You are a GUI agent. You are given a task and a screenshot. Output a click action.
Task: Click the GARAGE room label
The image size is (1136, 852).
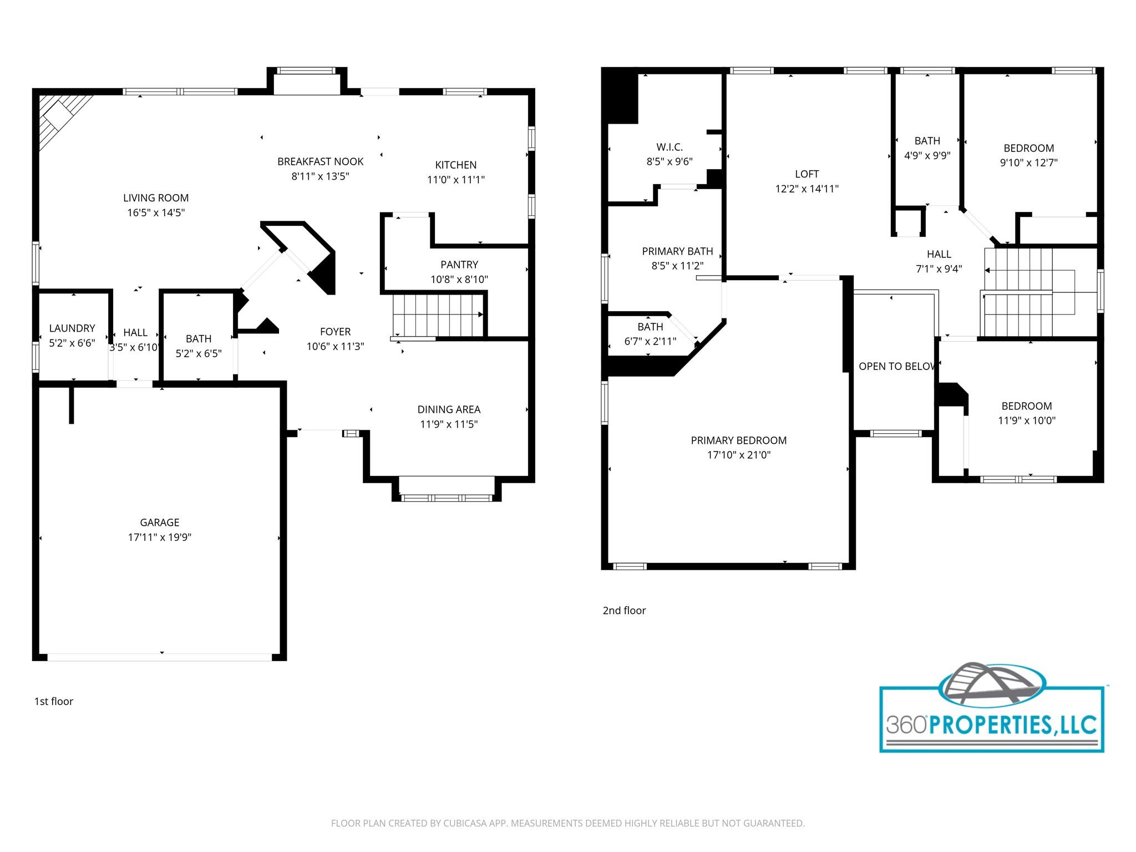159,523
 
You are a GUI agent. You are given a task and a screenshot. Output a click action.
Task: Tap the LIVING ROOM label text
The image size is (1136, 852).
156,198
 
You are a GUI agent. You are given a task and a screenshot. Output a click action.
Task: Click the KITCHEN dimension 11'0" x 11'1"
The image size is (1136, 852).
455,180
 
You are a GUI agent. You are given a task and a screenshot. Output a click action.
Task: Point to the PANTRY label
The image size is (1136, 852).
459,265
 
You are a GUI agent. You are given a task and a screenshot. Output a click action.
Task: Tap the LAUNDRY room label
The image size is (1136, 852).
72,328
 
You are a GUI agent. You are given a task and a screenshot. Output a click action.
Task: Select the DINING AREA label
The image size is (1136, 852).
449,409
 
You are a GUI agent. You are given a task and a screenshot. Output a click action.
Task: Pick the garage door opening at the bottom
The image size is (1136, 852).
160,657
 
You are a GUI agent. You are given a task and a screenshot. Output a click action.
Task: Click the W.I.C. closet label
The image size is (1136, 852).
670,147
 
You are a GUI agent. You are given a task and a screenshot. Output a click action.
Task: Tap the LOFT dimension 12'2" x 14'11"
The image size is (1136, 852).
807,189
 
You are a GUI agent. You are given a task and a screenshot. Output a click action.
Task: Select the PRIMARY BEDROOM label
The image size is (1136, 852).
738,440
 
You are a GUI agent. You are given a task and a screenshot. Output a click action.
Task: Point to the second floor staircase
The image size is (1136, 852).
1018,293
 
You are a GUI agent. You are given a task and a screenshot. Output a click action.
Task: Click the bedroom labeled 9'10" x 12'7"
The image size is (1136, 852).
1028,155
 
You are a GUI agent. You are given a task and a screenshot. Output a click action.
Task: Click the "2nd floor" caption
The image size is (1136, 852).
624,611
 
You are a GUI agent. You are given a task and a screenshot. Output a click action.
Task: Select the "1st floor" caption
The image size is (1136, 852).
54,702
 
